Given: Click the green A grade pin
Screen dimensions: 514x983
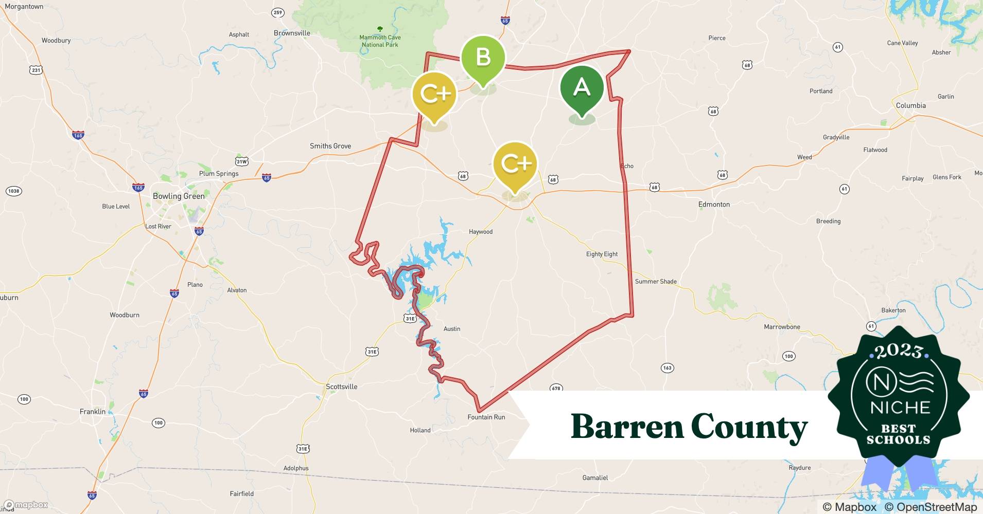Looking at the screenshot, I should [x=582, y=88].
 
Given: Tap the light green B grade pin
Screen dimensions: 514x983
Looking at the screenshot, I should [x=483, y=57].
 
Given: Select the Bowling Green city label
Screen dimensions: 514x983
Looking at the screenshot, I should [x=179, y=196].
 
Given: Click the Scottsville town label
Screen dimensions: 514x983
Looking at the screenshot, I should [x=341, y=387].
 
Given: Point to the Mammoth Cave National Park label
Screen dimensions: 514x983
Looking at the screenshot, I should [x=380, y=41].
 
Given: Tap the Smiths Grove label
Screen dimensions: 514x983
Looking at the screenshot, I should [x=330, y=146].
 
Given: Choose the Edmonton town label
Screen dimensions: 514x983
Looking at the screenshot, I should [x=714, y=205].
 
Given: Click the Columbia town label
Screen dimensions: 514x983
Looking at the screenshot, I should [x=910, y=106].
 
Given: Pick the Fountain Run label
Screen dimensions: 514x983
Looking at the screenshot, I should [x=486, y=417].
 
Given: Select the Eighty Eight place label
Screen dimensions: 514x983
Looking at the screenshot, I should [x=602, y=254].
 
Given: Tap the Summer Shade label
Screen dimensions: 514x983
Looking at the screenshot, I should [x=656, y=282].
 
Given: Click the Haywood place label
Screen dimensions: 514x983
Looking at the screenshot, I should [x=480, y=232].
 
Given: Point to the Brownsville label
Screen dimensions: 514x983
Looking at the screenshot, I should [x=292, y=33].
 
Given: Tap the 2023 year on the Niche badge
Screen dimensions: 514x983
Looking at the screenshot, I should [x=899, y=351].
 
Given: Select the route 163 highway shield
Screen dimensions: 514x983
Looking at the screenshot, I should [x=667, y=368].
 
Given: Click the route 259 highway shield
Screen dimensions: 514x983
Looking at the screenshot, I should [x=278, y=13].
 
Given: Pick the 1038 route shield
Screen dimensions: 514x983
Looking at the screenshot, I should [x=14, y=191].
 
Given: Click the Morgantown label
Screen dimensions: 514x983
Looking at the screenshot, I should [x=24, y=7].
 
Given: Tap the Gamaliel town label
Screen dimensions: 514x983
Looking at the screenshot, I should [x=595, y=478].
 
